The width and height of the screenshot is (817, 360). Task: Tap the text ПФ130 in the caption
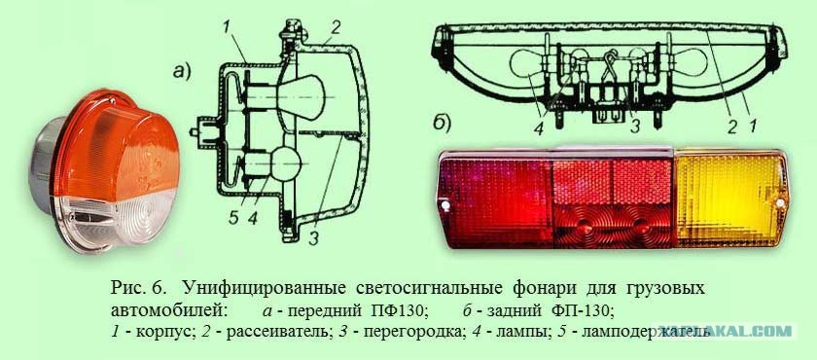point(399,311)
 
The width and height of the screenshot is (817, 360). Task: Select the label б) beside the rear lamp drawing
point(442,124)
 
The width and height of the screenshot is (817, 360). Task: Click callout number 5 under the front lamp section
point(232,217)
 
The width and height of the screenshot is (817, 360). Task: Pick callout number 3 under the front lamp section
point(312,238)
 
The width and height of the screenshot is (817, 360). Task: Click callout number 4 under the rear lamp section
point(538,128)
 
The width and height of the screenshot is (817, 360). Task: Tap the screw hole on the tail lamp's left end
point(445,206)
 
